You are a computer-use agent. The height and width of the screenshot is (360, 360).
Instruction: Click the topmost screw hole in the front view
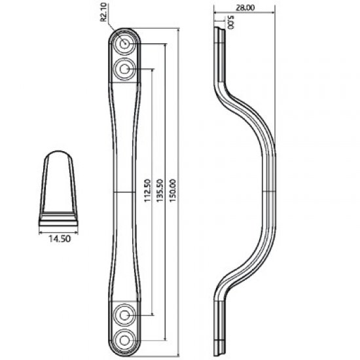pos(124,45)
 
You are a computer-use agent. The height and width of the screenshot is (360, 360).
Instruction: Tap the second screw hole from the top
pos(124,68)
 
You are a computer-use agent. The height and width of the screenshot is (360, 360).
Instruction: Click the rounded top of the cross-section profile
pos(60,157)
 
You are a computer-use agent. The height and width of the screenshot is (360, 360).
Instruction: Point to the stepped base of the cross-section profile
pos(59,219)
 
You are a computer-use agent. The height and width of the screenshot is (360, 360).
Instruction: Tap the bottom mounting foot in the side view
pos(220,331)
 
